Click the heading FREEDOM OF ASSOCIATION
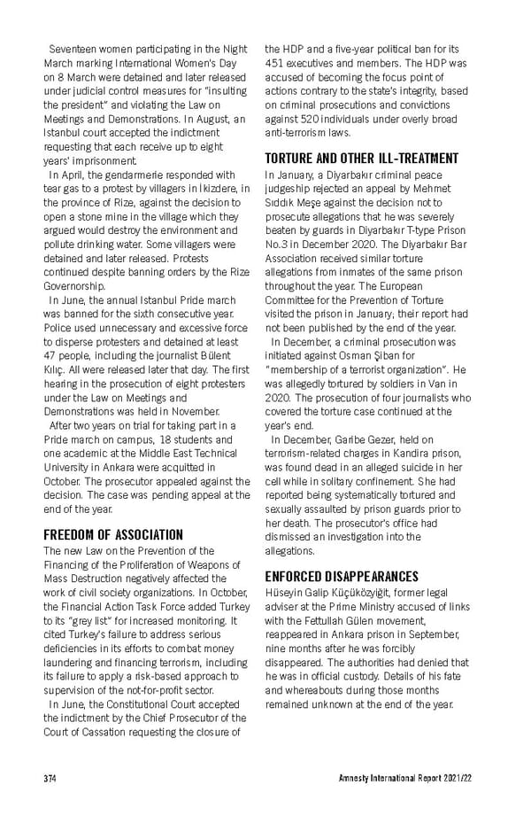coord(113,534)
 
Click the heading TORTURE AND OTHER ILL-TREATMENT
coord(362,159)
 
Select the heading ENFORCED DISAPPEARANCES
coord(341,576)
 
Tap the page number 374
coord(50,778)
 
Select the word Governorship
coord(77,287)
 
